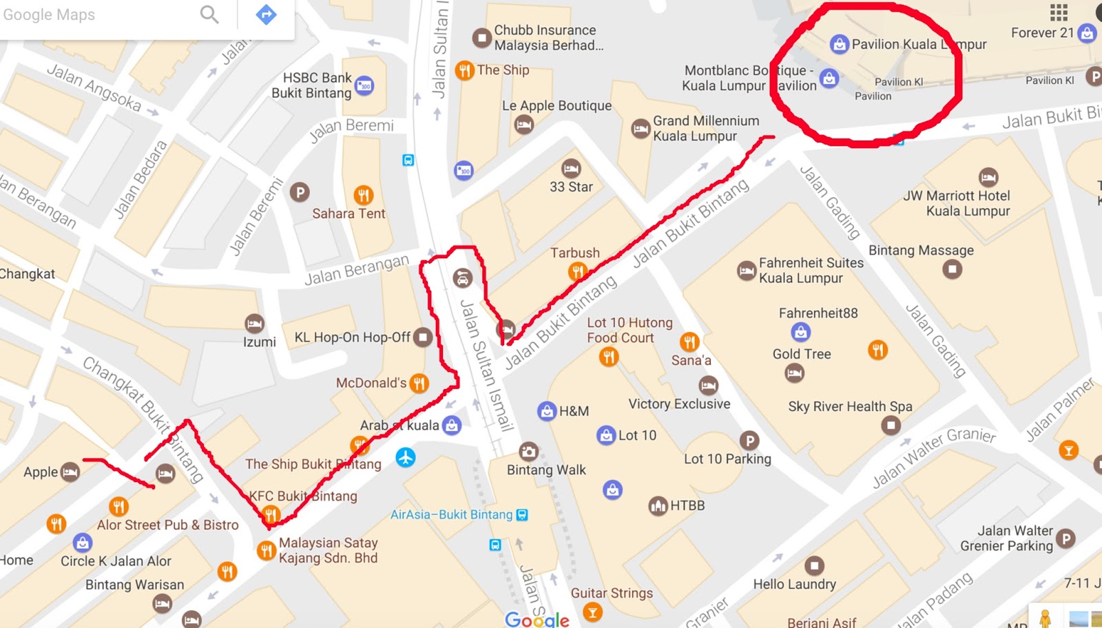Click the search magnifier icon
pos(209,14)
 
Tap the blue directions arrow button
pos(266,14)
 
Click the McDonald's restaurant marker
pos(419,383)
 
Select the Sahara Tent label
pos(349,213)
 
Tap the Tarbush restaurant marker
pos(577,272)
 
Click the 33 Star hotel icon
pos(571,168)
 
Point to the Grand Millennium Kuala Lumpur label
pos(705,128)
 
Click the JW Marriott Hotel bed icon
pos(988,177)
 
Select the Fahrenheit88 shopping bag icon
pos(800,333)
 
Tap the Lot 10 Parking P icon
pos(749,440)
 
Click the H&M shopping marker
pos(547,411)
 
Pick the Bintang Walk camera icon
pos(528,451)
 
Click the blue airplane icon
pos(406,457)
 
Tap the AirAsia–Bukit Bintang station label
pos(451,514)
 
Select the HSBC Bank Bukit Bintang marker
pos(364,86)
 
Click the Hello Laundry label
pos(794,584)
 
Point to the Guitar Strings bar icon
pos(592,611)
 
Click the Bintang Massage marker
pos(953,269)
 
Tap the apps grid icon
pos(1059,12)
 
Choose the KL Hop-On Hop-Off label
pos(352,337)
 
